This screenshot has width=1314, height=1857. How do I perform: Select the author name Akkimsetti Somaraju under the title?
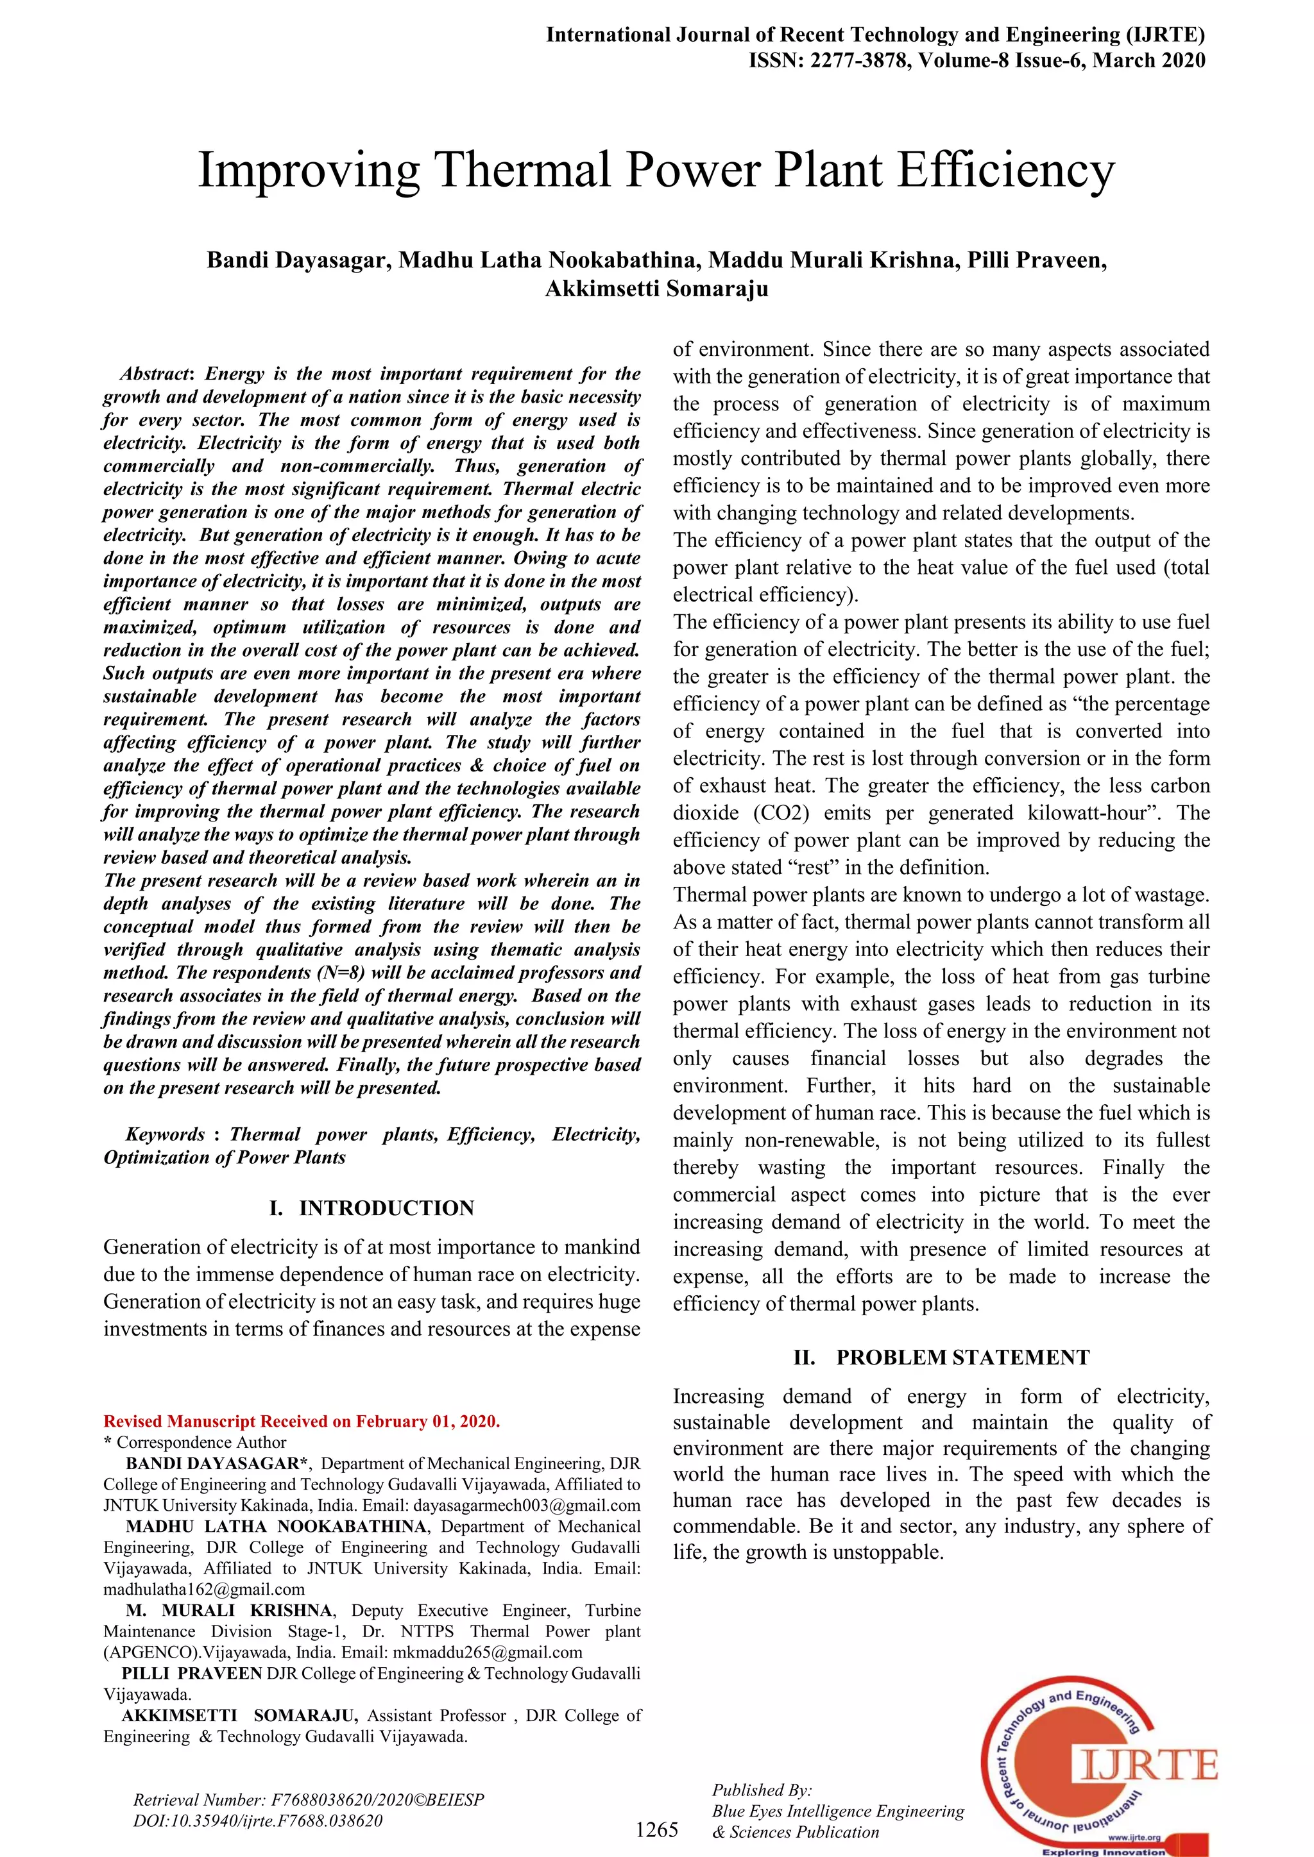(656, 289)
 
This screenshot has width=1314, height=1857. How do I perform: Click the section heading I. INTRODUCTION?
(371, 1207)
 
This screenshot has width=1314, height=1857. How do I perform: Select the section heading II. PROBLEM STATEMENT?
(941, 1357)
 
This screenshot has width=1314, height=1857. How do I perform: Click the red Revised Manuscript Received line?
(302, 1421)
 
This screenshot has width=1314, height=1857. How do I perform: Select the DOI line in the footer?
(257, 1820)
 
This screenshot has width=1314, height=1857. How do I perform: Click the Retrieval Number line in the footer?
(308, 1799)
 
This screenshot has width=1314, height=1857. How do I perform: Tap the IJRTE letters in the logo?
(1148, 1764)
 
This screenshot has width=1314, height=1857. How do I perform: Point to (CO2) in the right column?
(781, 813)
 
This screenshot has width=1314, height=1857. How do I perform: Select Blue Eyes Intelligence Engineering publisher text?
(837, 1811)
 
